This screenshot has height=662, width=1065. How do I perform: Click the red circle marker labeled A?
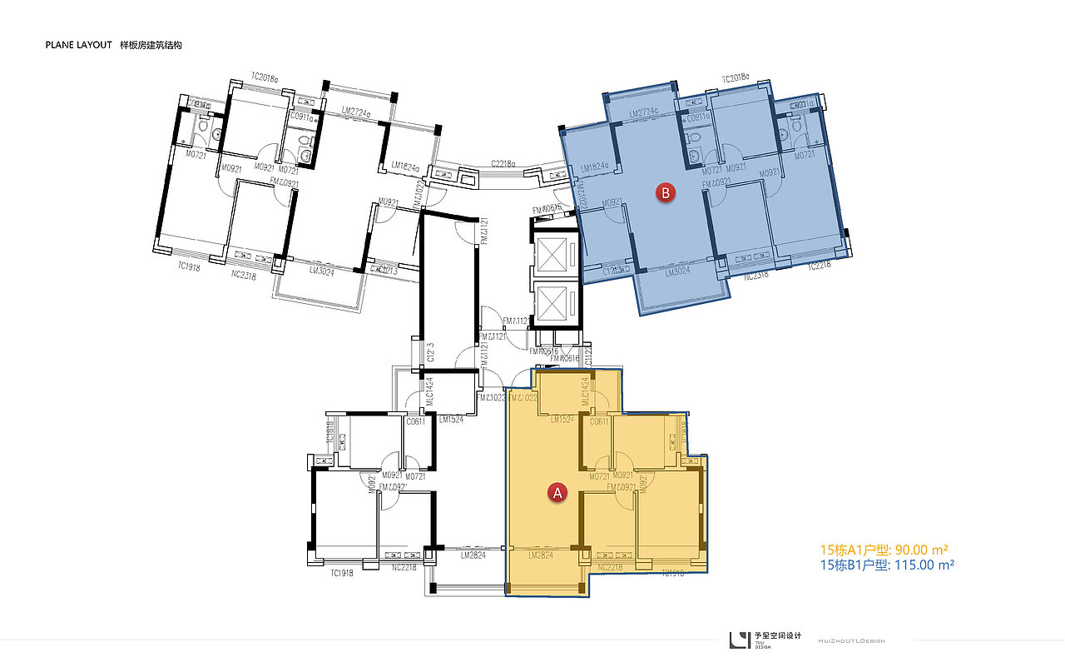[558, 493]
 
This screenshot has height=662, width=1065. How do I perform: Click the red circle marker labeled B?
[666, 193]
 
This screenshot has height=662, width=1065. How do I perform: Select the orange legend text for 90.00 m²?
[884, 550]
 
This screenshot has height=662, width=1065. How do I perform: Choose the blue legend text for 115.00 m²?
[887, 565]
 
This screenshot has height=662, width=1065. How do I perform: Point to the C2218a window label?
[503, 164]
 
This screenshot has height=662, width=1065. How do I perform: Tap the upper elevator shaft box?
[552, 253]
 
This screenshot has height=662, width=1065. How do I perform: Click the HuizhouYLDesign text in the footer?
[851, 640]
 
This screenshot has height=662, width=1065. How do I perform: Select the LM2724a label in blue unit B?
[644, 113]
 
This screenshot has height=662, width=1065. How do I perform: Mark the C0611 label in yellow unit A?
[598, 421]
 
